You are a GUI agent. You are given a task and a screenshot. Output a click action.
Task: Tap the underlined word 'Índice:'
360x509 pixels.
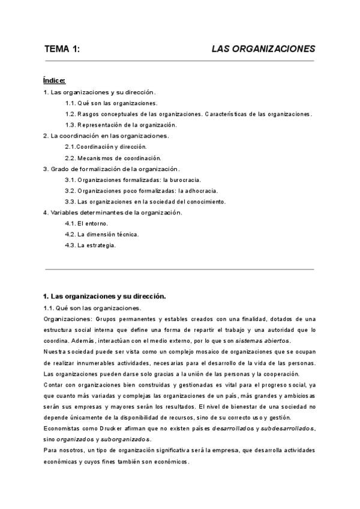pyautogui.click(x=54, y=80)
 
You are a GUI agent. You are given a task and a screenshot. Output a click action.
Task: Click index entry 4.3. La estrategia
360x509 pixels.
pyautogui.click(x=90, y=245)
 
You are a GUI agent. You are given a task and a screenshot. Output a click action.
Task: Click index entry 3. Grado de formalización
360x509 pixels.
pyautogui.click(x=112, y=169)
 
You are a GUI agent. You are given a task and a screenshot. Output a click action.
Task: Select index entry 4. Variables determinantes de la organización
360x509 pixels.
pyautogui.click(x=113, y=212)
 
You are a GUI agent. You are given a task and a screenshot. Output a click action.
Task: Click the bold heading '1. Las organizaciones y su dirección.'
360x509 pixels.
pyautogui.click(x=104, y=296)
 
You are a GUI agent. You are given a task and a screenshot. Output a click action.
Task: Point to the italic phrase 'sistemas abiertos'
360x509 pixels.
pyautogui.click(x=263, y=340)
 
